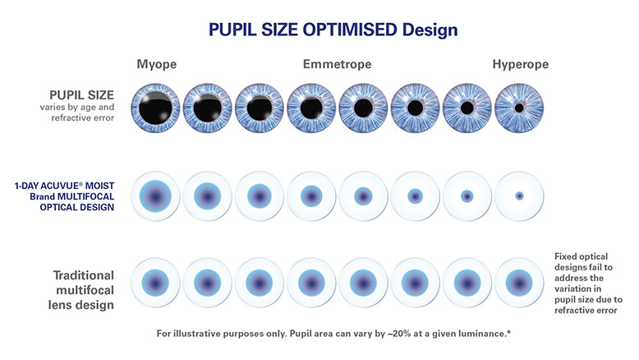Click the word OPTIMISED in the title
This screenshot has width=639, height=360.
350,30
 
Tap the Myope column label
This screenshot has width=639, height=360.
157,64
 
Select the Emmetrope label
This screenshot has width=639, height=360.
337,64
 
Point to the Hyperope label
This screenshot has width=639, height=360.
521,64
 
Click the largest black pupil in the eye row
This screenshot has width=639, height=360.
155,108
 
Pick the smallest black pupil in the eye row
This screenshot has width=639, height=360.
519,108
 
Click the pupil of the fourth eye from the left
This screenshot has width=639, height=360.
311,108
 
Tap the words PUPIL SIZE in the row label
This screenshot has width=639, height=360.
81,95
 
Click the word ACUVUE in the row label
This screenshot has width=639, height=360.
62,186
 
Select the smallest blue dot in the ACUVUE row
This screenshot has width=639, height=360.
519,196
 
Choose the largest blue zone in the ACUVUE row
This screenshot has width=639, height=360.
155,196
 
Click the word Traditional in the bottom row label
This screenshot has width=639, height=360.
84,275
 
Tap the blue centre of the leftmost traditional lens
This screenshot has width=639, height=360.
155,283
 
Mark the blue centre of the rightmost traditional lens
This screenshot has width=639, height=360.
519,283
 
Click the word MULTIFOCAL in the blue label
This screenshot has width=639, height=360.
85,196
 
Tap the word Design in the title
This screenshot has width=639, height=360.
430,30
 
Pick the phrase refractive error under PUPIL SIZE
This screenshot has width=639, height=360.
83,118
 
